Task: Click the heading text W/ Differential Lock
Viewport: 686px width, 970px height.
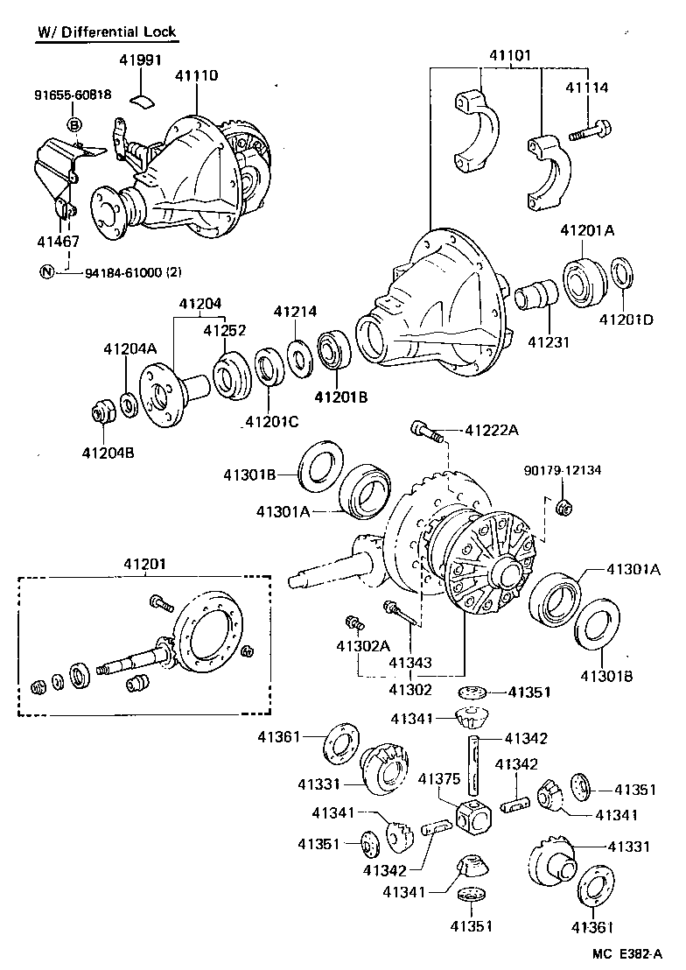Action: pyautogui.click(x=106, y=32)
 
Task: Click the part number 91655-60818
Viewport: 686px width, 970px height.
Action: pyautogui.click(x=73, y=95)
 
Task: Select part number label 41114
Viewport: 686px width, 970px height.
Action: pyautogui.click(x=586, y=88)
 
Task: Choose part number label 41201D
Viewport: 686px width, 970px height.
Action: pyautogui.click(x=626, y=320)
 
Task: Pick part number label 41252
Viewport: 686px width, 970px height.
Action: pyautogui.click(x=225, y=331)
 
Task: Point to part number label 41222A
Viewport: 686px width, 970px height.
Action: pyautogui.click(x=492, y=430)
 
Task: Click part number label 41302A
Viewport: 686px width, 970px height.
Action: pyautogui.click(x=360, y=647)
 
